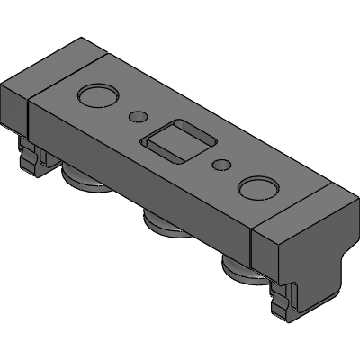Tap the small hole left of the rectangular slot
pyautogui.click(x=139, y=116)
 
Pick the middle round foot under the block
pyautogui.click(x=163, y=223)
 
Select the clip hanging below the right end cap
pyautogui.click(x=288, y=301)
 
